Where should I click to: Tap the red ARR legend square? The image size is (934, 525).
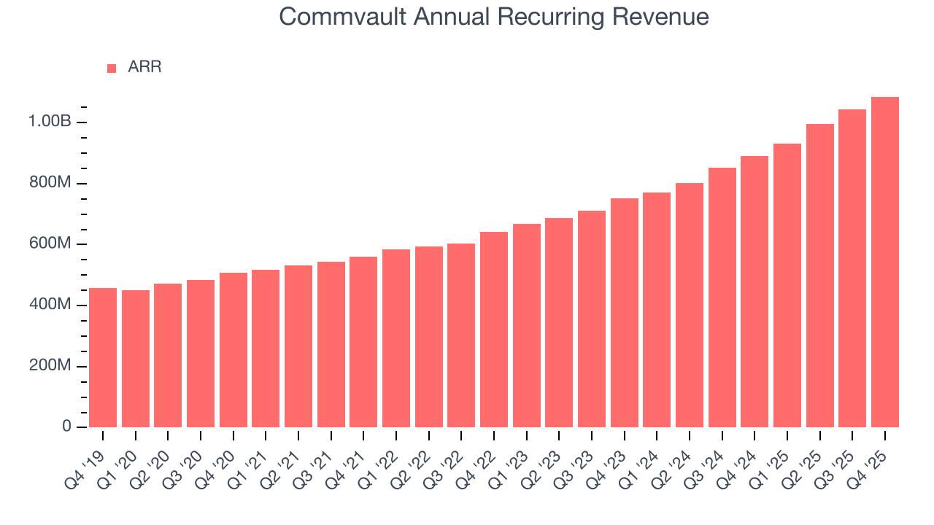tap(112, 68)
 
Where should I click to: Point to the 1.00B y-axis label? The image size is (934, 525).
tap(50, 122)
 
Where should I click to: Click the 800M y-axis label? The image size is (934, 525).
tap(50, 183)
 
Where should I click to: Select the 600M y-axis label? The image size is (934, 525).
tap(50, 244)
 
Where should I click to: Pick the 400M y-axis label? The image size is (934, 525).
tap(50, 305)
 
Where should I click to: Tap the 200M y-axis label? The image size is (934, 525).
tap(50, 366)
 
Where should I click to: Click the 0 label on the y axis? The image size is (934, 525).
tap(66, 427)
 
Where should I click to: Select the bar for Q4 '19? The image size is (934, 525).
tap(103, 357)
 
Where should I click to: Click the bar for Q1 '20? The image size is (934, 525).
tap(136, 359)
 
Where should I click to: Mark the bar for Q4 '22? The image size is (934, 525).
tap(494, 329)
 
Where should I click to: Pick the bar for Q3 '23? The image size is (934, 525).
tap(592, 319)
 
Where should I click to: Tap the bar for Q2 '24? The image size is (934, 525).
tap(690, 305)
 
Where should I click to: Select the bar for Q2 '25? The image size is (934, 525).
tap(820, 275)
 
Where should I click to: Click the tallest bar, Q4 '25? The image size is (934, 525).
tap(885, 262)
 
